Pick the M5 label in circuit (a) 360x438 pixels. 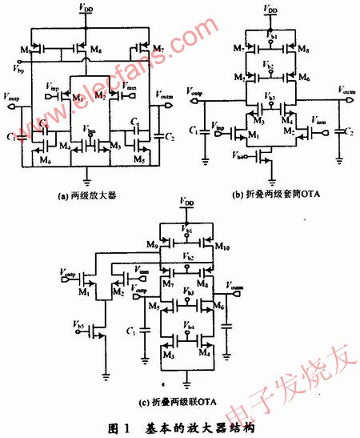[140, 159]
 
